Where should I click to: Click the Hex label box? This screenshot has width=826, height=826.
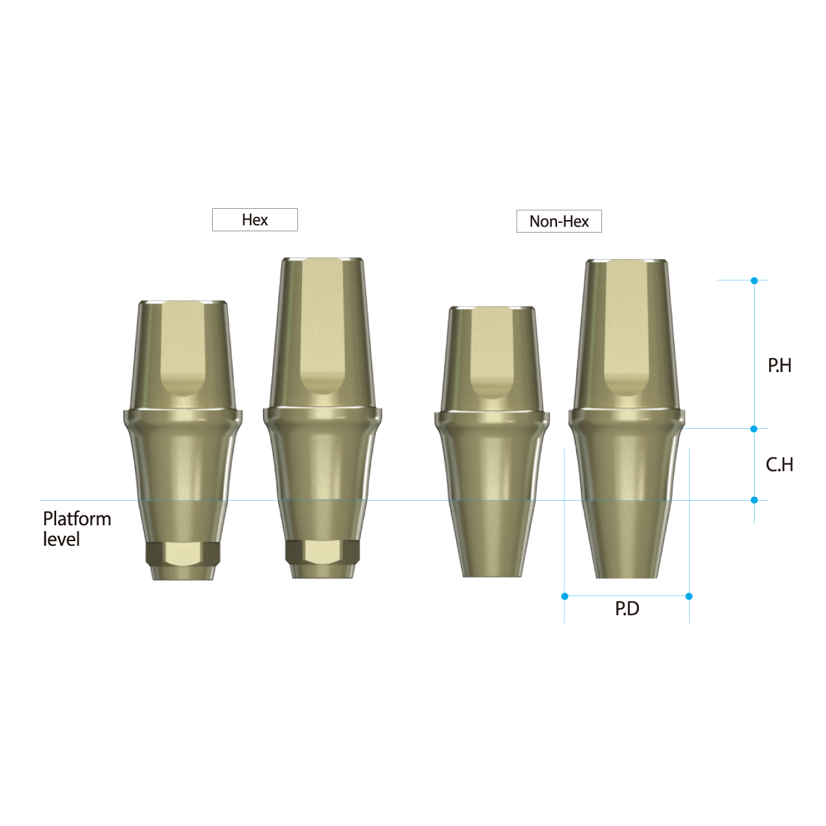(x=254, y=220)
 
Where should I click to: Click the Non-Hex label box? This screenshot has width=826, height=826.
(x=559, y=221)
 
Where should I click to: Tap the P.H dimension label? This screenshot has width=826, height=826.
(x=779, y=365)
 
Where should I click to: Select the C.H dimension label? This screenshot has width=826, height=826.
(x=779, y=465)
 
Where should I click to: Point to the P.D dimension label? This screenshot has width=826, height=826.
(x=627, y=609)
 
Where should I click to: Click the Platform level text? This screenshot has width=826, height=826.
(x=77, y=529)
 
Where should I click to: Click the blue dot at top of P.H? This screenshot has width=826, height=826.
(x=754, y=281)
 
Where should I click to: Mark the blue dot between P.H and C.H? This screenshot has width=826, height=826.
(x=754, y=429)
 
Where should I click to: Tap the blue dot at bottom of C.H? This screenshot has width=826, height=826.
(x=754, y=500)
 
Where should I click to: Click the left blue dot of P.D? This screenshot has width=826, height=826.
(x=564, y=596)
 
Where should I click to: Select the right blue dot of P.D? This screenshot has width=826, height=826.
(x=689, y=596)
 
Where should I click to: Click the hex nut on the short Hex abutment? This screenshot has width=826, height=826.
(x=182, y=553)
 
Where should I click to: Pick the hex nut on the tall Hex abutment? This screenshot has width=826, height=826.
(x=322, y=551)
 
